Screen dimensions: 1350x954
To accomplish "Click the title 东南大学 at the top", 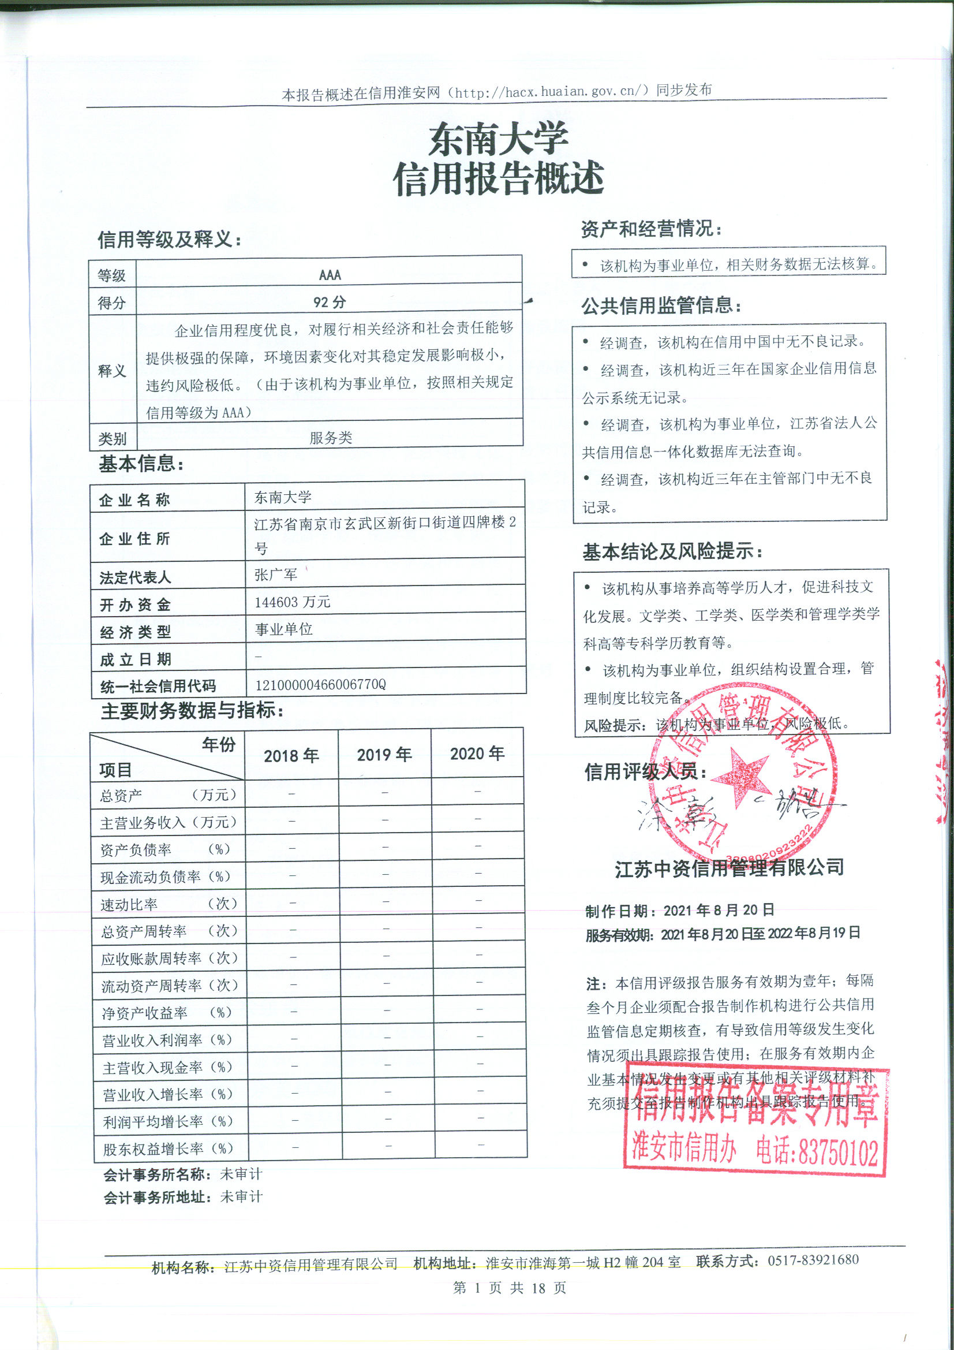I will point(498,140).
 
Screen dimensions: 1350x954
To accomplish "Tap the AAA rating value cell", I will point(330,275).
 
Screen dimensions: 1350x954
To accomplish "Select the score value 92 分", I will point(329,302).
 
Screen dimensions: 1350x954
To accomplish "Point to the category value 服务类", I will point(330,438).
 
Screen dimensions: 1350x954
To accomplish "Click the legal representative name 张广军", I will point(276,575).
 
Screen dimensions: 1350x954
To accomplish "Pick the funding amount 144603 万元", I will point(292,602).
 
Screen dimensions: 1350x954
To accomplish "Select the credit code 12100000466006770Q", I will point(320,684).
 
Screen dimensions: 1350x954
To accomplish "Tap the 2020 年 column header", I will point(477,754).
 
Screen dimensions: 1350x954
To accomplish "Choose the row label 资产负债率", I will point(136,849).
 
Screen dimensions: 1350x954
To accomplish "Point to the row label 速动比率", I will point(129,905).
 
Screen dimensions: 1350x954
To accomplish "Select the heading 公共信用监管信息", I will point(661,305).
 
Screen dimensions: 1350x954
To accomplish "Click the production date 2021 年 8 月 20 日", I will point(719,911).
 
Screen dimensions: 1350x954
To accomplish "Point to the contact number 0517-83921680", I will point(813,1260).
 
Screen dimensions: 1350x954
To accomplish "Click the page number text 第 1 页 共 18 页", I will point(510,1288).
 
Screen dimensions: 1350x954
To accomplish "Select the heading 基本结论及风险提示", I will point(672,551).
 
